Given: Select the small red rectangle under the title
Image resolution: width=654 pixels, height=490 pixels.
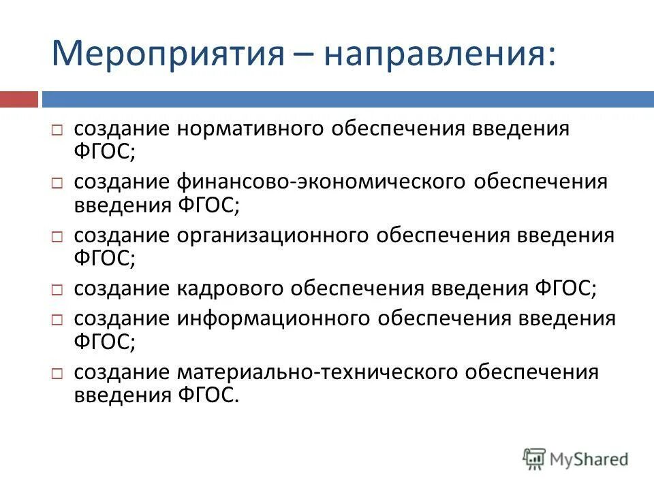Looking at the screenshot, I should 18,99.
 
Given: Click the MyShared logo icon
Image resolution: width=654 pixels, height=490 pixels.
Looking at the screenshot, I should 534,459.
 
